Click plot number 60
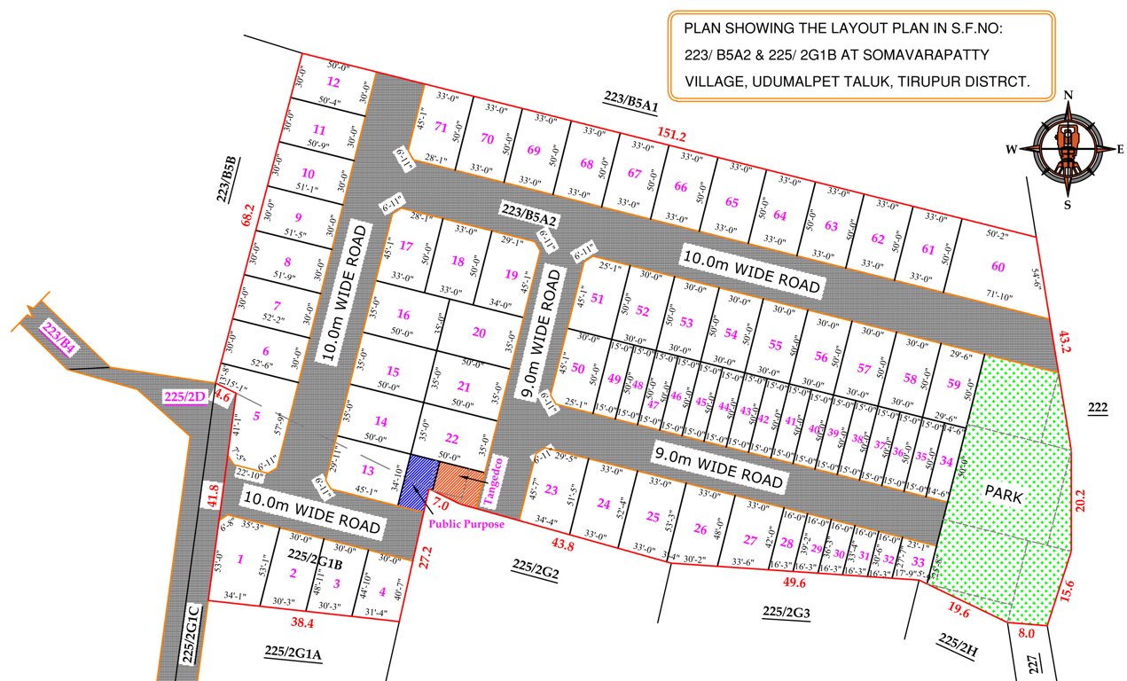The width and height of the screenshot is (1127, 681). click(998, 267)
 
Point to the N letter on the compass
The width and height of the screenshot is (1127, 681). click(1068, 96)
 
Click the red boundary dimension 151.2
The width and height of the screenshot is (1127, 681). click(671, 135)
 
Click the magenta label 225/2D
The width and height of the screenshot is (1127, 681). click(184, 396)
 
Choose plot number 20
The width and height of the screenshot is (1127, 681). click(480, 333)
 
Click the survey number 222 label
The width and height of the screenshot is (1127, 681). click(1098, 407)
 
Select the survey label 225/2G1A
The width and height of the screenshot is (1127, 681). click(293, 652)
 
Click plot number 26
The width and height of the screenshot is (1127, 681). click(700, 529)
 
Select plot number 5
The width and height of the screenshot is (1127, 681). click(255, 414)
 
